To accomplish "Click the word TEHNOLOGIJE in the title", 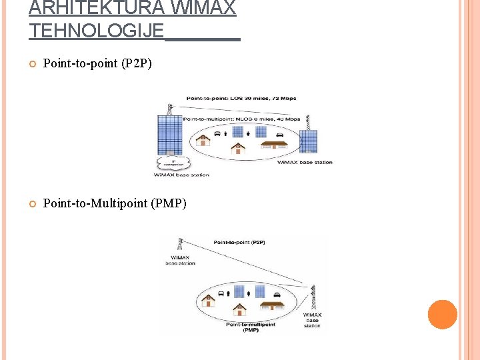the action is click(x=96, y=30).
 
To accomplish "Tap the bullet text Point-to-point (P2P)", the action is click(x=97, y=64).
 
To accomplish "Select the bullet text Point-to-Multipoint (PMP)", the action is click(x=115, y=203).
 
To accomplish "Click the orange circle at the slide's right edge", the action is click(x=442, y=315).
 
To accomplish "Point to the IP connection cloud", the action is click(x=173, y=163).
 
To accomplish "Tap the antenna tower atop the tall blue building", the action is click(x=170, y=109).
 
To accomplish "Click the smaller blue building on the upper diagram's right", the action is click(x=308, y=142).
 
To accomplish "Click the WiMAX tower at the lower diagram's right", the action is click(x=312, y=297).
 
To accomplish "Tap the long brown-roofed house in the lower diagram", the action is click(x=272, y=305).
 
